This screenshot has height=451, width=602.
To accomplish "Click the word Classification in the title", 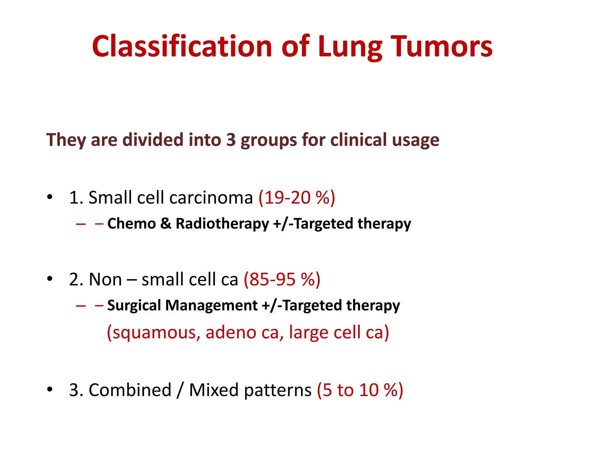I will click(182, 46).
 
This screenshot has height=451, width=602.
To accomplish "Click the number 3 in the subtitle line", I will click(231, 140).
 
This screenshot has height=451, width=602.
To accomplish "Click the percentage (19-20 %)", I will click(297, 197).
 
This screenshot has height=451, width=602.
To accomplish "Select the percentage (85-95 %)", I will click(282, 279).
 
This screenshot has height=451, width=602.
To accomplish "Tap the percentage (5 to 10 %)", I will click(360, 390).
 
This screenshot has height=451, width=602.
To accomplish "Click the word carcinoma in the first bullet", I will click(211, 197).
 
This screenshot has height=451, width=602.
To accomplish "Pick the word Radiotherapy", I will click(222, 224).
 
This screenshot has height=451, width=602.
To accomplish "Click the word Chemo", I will click(131, 224).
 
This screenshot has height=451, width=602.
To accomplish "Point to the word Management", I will click(211, 305).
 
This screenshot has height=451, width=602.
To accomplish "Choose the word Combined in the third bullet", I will click(130, 390).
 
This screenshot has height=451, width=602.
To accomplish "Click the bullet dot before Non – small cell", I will click(50, 278).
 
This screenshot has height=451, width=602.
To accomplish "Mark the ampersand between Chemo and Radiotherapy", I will click(166, 224).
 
